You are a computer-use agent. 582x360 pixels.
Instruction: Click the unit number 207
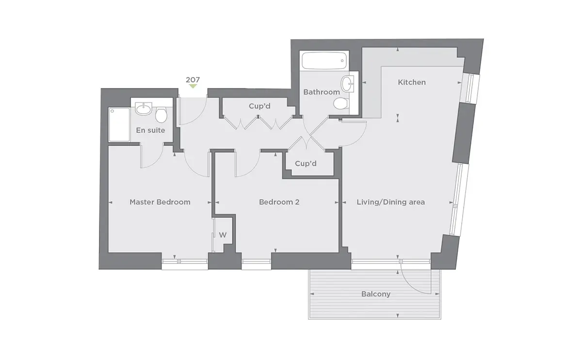pos(193,80)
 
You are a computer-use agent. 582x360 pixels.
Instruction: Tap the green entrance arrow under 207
pos(193,86)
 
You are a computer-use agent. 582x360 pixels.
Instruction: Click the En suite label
pos(150,130)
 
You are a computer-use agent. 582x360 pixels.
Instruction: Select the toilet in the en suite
pos(161,115)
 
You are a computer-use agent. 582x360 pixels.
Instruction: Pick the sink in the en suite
pos(144,109)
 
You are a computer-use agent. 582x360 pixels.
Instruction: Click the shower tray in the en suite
pos(119,125)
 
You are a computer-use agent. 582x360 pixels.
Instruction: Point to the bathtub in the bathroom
pos(324,61)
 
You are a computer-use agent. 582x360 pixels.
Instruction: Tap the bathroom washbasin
pos(347,84)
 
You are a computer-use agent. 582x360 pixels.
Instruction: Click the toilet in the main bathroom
pos(340,103)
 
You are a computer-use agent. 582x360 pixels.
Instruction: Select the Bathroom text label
pos(322,92)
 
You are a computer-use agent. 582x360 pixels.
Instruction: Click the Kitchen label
pos(412,82)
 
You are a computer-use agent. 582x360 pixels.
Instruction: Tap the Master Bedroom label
pos(160,202)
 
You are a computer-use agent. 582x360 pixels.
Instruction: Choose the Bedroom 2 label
pos(279,202)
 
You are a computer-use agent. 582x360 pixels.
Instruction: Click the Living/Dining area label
pos(390,202)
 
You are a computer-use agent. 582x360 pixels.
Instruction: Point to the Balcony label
pos(376,294)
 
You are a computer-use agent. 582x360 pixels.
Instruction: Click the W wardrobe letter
pos(223,235)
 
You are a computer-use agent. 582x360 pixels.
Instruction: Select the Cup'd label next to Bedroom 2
pos(306,164)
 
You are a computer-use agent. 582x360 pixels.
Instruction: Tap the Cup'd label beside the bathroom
pos(259,106)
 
